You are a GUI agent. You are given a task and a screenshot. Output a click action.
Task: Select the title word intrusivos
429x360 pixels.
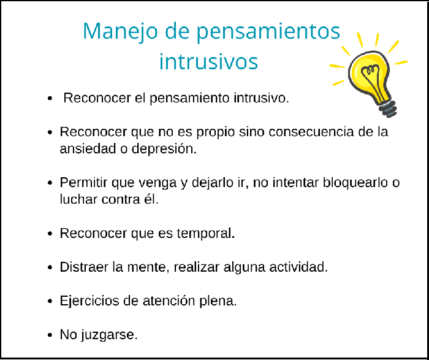pos(208,62)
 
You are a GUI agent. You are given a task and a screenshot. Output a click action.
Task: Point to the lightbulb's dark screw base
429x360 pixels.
pos(388,109)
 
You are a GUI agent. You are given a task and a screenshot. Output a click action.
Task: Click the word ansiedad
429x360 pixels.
pos(84,150)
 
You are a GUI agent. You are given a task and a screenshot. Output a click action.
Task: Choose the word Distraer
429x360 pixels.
pos(83,267)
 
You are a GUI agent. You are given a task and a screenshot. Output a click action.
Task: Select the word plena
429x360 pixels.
pos(221,301)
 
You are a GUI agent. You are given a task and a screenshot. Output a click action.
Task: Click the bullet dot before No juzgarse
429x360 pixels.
pos(50,335)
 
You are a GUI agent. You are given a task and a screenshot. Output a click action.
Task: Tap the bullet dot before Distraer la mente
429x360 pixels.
pos(50,268)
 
